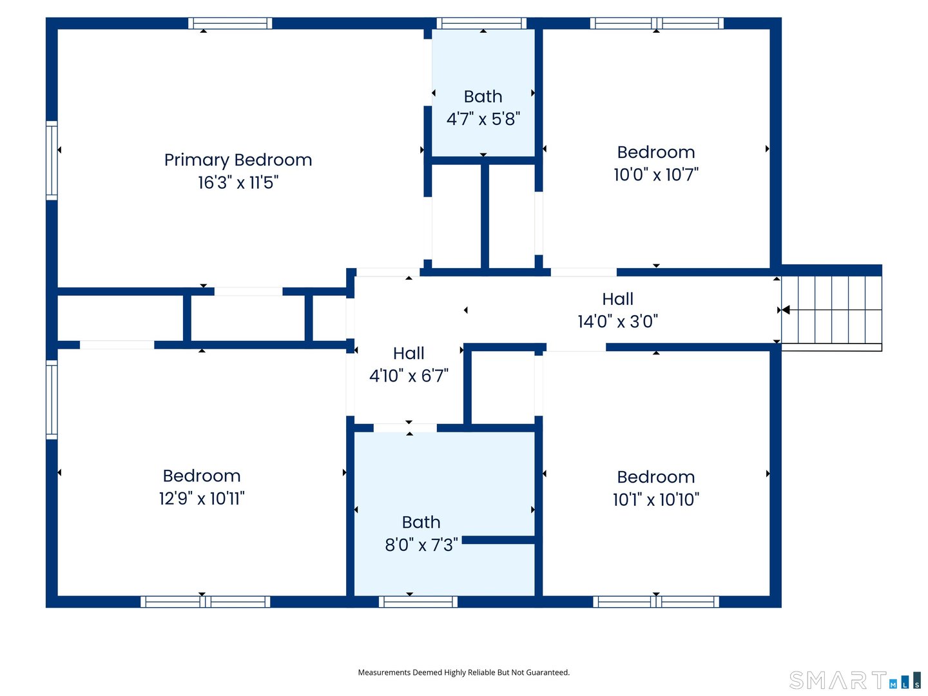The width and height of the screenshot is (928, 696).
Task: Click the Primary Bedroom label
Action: pyautogui.click(x=238, y=160)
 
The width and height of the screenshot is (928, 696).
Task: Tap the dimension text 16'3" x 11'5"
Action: pyautogui.click(x=238, y=182)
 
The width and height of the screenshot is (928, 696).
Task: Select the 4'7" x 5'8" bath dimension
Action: pyautogui.click(x=483, y=119)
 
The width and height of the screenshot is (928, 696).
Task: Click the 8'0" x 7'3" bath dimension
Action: pyautogui.click(x=421, y=545)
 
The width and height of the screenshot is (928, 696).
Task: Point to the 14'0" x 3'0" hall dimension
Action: pyautogui.click(x=617, y=321)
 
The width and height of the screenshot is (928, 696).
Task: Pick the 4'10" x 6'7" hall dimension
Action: pyautogui.click(x=409, y=375)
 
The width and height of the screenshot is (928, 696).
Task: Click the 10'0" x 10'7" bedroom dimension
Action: pyautogui.click(x=656, y=174)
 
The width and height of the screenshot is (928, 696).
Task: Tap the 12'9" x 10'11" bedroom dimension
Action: pyautogui.click(x=202, y=498)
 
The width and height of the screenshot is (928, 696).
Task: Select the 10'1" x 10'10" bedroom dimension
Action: pyautogui.click(x=656, y=499)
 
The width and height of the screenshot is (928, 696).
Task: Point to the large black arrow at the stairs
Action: pyautogui.click(x=786, y=310)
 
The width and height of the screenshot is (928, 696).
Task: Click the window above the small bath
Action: pyautogui.click(x=481, y=23)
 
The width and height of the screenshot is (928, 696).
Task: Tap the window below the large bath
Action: pyautogui.click(x=418, y=602)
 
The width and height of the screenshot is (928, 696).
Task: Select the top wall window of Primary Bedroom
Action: pyautogui.click(x=230, y=23)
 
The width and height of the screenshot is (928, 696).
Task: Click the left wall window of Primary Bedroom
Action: pyautogui.click(x=52, y=160)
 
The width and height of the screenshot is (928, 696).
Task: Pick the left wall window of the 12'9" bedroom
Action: pyautogui.click(x=52, y=400)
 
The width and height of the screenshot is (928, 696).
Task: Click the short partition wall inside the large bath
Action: pyautogui.click(x=498, y=540)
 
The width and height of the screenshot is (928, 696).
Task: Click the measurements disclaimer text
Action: pyautogui.click(x=464, y=672)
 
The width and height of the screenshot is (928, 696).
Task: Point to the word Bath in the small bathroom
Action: pyautogui.click(x=483, y=97)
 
